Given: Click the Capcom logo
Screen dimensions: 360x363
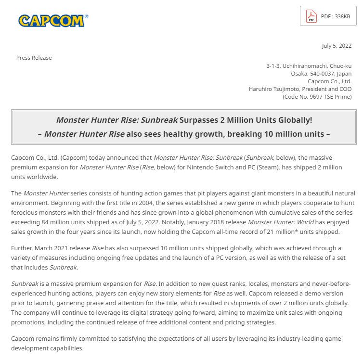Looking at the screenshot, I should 53,20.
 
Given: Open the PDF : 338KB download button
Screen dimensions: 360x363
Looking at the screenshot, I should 328,16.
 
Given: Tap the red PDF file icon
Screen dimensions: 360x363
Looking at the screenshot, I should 311,17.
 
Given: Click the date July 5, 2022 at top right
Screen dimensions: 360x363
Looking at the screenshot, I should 337,46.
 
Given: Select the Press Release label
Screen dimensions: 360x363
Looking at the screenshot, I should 34,58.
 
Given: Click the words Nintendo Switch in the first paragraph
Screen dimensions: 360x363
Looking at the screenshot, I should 242,167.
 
